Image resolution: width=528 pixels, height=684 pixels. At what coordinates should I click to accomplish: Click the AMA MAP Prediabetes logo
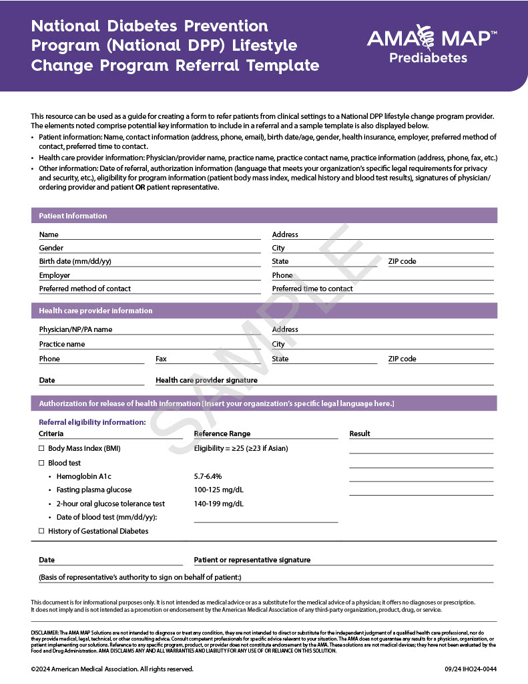[432, 44]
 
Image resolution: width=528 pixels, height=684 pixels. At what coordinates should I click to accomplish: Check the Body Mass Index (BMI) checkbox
[41, 448]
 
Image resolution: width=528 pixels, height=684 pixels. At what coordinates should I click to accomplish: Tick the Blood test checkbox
[41, 463]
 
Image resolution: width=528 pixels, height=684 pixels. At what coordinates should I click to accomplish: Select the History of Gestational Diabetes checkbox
[41, 531]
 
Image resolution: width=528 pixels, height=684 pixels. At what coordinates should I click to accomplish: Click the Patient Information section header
[73, 216]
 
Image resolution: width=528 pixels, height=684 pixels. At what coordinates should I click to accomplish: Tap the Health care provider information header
[95, 311]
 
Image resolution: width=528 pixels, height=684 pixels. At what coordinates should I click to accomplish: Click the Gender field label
[51, 248]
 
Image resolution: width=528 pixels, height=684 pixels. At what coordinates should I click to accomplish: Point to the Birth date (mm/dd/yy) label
[75, 261]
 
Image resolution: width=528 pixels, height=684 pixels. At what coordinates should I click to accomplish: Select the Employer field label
[55, 275]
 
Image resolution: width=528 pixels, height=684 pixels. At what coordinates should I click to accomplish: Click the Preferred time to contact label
[312, 289]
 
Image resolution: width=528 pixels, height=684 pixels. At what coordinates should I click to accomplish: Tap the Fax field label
[161, 359]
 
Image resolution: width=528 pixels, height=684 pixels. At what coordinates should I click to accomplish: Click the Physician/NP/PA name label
[75, 329]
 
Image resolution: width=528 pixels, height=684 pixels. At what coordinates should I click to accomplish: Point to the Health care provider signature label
[206, 380]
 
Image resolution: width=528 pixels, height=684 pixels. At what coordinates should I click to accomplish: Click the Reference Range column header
[222, 434]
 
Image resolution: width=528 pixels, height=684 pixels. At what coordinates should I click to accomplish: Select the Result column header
[360, 434]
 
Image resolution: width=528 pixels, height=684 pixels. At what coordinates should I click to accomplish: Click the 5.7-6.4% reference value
[208, 476]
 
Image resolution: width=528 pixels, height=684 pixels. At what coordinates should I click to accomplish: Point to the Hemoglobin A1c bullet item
[83, 476]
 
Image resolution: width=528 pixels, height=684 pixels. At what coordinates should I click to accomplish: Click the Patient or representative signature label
[252, 560]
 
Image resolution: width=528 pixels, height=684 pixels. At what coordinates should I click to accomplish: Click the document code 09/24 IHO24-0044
[471, 669]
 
